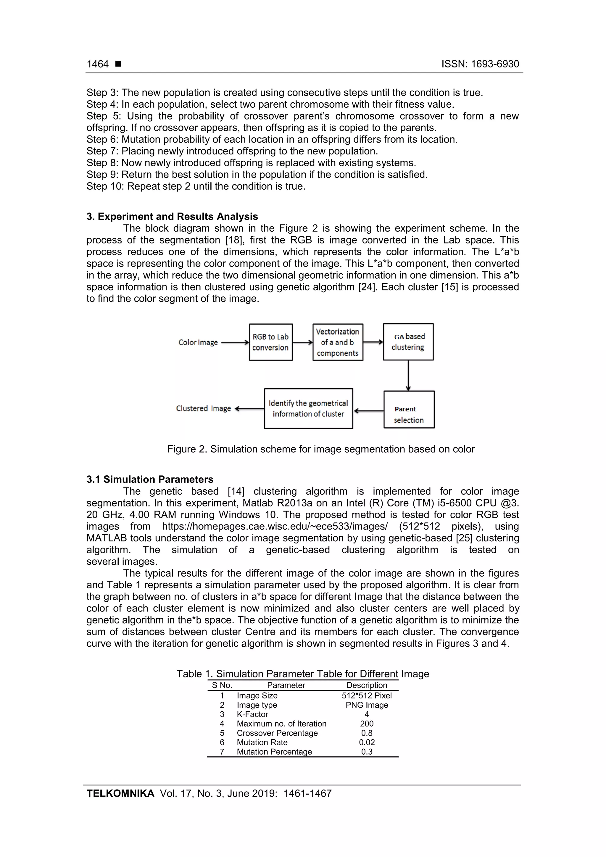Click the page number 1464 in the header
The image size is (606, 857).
pyautogui.click(x=97, y=64)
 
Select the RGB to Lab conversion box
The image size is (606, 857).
pyautogui.click(x=271, y=342)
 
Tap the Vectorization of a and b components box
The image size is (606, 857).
pyautogui.click(x=338, y=342)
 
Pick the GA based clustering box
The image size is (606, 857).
pyautogui.click(x=408, y=342)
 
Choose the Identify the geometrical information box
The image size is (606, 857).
pyautogui.click(x=308, y=409)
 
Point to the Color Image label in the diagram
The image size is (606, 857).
pyautogui.click(x=198, y=342)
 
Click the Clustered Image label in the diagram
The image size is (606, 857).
pyautogui.click(x=204, y=408)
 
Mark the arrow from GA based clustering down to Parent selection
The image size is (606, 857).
pyautogui.click(x=408, y=375)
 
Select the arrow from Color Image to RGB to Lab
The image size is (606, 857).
pyautogui.click(x=235, y=342)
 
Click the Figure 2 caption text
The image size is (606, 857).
pyautogui.click(x=321, y=449)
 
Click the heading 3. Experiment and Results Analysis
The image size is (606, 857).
pyautogui.click(x=172, y=217)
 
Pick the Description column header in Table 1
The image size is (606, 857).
pyautogui.click(x=367, y=685)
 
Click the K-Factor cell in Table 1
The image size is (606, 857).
pyautogui.click(x=252, y=714)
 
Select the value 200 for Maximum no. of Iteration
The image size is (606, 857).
pyautogui.click(x=367, y=724)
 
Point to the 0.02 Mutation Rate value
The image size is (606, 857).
pyautogui.click(x=367, y=743)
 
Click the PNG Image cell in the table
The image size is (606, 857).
pyautogui.click(x=367, y=705)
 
